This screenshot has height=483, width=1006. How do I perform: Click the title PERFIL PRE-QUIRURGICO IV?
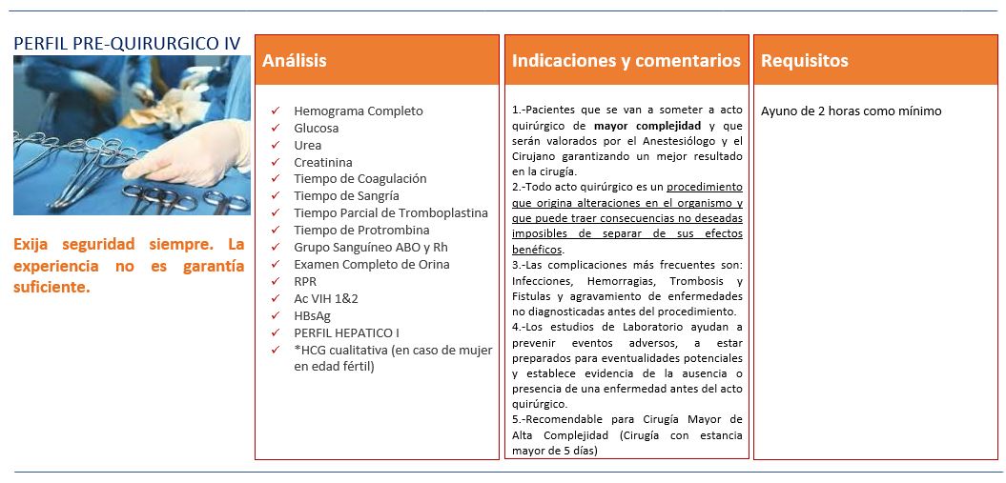click(127, 44)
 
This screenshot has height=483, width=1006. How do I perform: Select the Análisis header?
click(295, 61)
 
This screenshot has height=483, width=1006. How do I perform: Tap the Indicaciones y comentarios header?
click(626, 61)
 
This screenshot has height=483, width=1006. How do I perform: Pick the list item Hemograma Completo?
click(358, 111)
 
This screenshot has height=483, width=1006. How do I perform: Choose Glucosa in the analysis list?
click(316, 128)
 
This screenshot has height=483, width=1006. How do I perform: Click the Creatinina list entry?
click(322, 162)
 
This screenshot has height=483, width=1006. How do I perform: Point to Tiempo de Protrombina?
click(361, 230)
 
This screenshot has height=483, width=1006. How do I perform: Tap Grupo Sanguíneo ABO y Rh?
click(370, 247)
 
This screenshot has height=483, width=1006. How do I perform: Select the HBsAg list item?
click(312, 315)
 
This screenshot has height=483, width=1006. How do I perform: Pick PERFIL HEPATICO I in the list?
click(346, 332)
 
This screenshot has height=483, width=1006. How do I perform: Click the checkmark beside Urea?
click(276, 145)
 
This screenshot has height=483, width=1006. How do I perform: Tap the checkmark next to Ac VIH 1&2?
click(276, 298)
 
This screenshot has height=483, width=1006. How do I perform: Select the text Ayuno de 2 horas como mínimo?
click(851, 111)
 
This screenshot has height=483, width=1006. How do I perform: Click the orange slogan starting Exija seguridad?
click(128, 265)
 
